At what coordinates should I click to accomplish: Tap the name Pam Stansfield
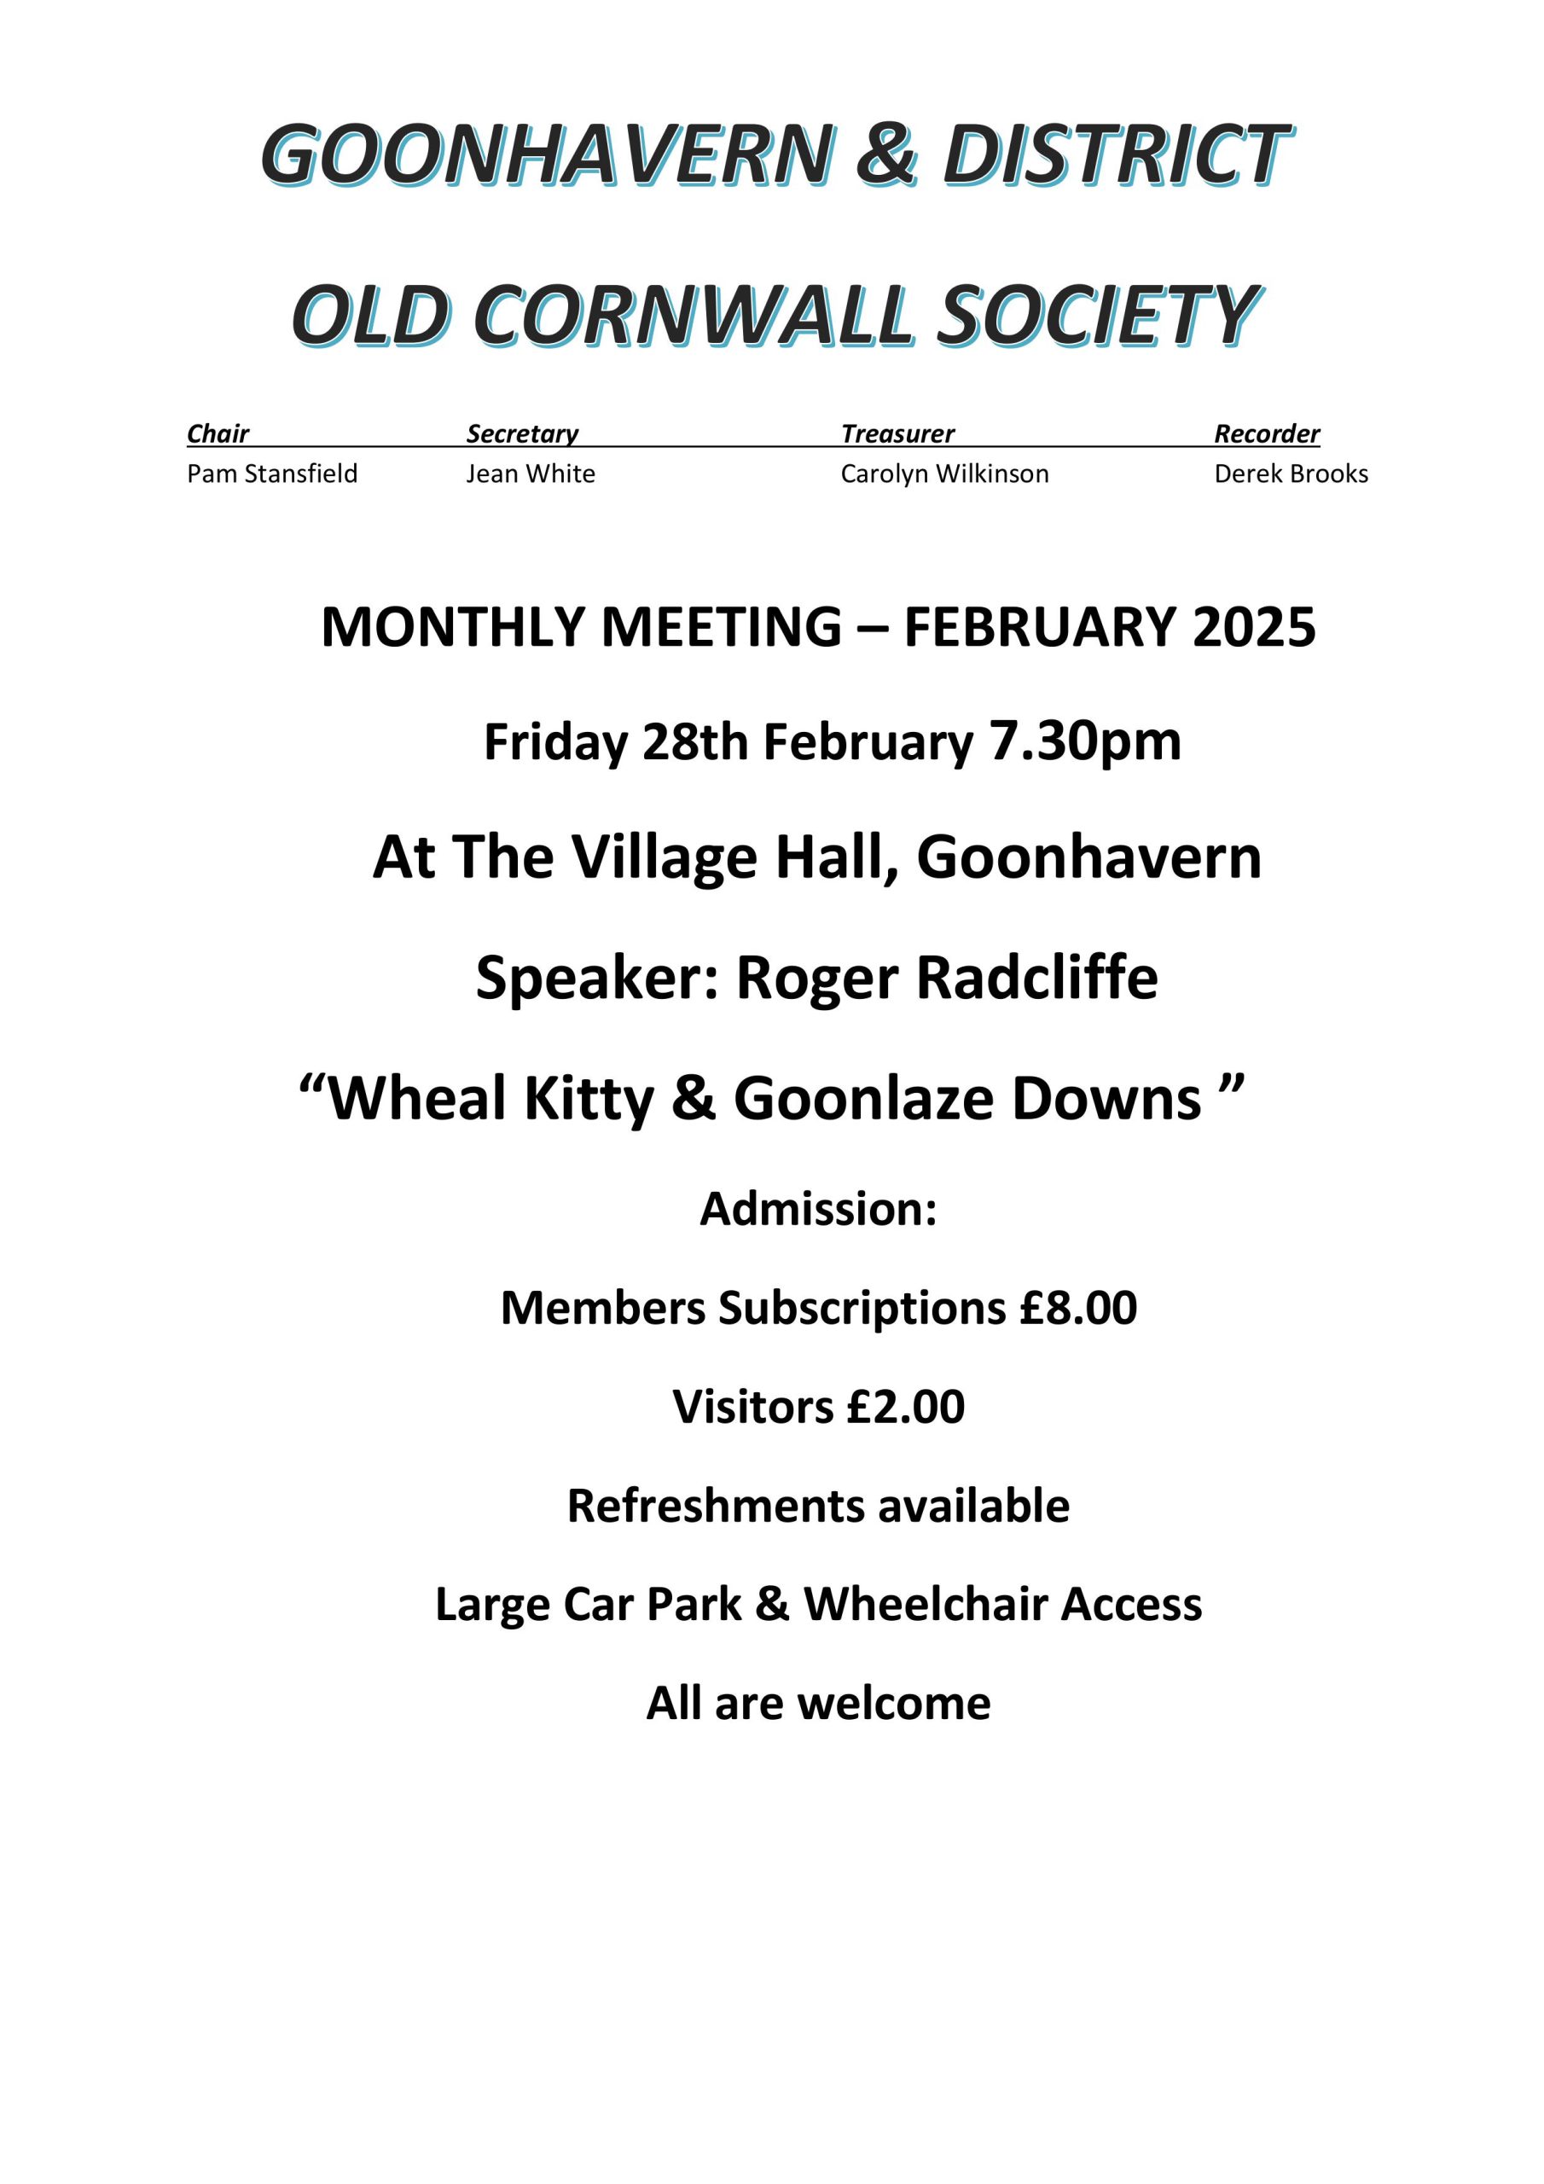[x=272, y=473]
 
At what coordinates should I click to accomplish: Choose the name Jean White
[x=530, y=473]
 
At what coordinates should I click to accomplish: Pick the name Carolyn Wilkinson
[x=943, y=473]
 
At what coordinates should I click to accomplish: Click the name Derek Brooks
[x=1291, y=473]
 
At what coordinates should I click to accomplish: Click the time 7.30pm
[x=1084, y=742]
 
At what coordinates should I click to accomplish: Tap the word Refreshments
[x=715, y=1506]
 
